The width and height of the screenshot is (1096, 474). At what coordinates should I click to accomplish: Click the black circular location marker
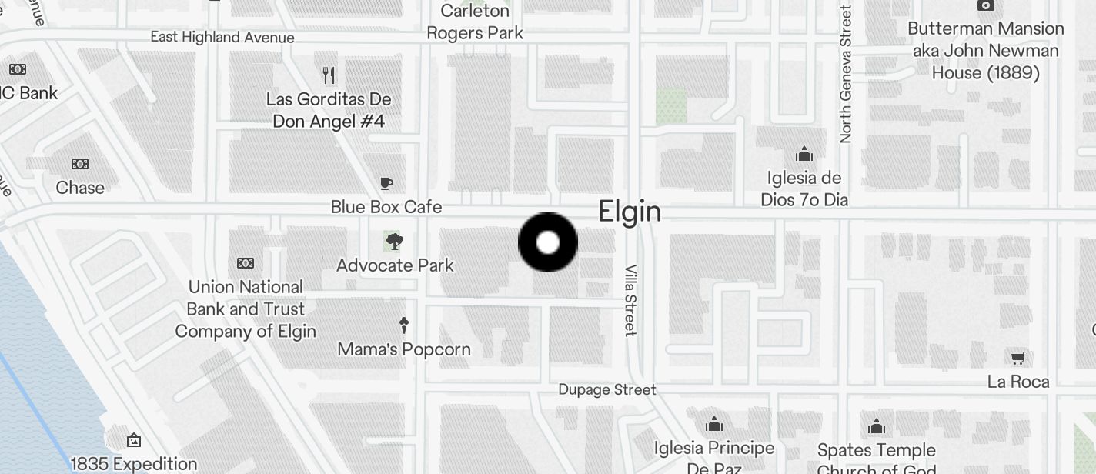(x=547, y=242)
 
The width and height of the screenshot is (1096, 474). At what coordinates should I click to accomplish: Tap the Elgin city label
(x=630, y=212)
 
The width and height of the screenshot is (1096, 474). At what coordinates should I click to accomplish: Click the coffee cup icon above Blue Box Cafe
(x=386, y=183)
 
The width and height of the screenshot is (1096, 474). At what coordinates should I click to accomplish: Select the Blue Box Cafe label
(x=386, y=207)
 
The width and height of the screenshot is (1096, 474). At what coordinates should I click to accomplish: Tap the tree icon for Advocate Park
(x=394, y=242)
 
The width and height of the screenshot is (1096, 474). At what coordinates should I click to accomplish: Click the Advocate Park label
(x=395, y=265)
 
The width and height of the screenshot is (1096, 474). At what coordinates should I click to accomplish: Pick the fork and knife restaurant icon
(x=329, y=75)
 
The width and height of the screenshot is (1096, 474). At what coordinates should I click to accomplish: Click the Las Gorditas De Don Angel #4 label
(x=329, y=110)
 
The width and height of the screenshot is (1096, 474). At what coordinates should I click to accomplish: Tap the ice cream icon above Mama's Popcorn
(x=403, y=325)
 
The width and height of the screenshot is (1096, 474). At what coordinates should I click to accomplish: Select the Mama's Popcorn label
(x=404, y=349)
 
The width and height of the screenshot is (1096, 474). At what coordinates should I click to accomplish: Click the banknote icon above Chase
(x=80, y=164)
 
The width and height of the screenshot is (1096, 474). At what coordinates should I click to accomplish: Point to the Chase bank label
(x=80, y=188)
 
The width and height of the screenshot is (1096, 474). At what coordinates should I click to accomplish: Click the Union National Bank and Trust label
(x=246, y=309)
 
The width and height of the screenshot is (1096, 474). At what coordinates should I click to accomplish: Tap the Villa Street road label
(x=630, y=300)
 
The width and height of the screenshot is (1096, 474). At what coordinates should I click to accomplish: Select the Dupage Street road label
(x=607, y=390)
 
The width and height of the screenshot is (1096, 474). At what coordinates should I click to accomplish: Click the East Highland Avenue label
(x=222, y=37)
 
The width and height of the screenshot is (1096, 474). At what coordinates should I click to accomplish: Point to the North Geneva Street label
(x=846, y=74)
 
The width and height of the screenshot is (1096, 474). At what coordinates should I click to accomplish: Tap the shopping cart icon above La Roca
(x=1017, y=358)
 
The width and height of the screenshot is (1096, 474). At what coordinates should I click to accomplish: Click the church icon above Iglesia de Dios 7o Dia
(x=804, y=154)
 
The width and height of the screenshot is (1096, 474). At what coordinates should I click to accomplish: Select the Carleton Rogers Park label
(x=475, y=22)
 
